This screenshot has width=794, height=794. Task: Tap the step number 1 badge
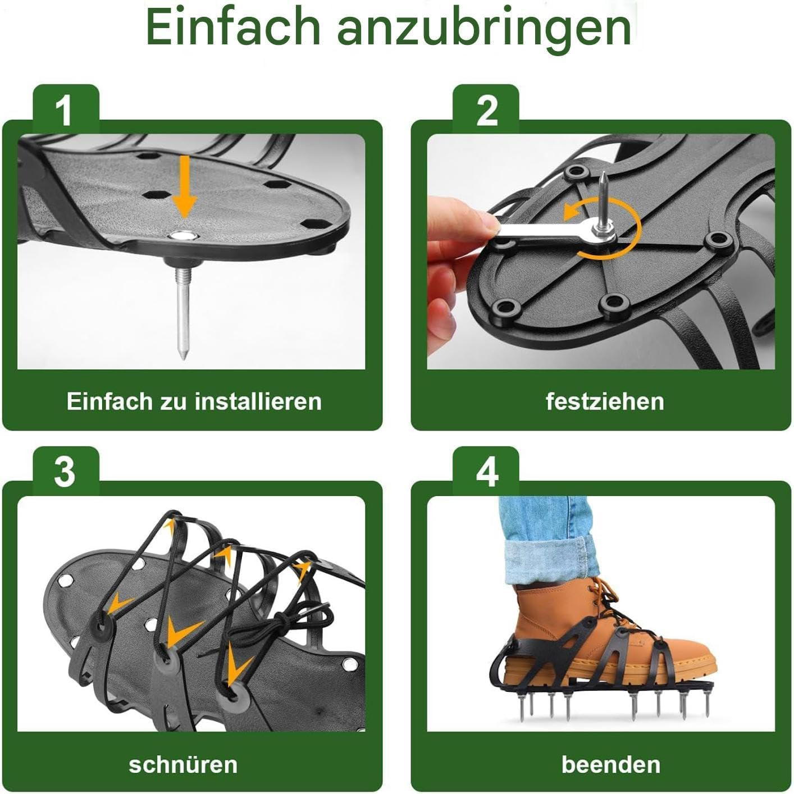(65, 110)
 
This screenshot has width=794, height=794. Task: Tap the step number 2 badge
(486, 110)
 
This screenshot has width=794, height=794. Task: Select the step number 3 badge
(65, 472)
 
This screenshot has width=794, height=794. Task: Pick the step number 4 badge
(486, 472)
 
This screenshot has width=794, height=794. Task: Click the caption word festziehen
(605, 401)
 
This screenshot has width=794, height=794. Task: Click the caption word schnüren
(183, 764)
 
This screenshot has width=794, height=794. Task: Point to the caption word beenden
(610, 764)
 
